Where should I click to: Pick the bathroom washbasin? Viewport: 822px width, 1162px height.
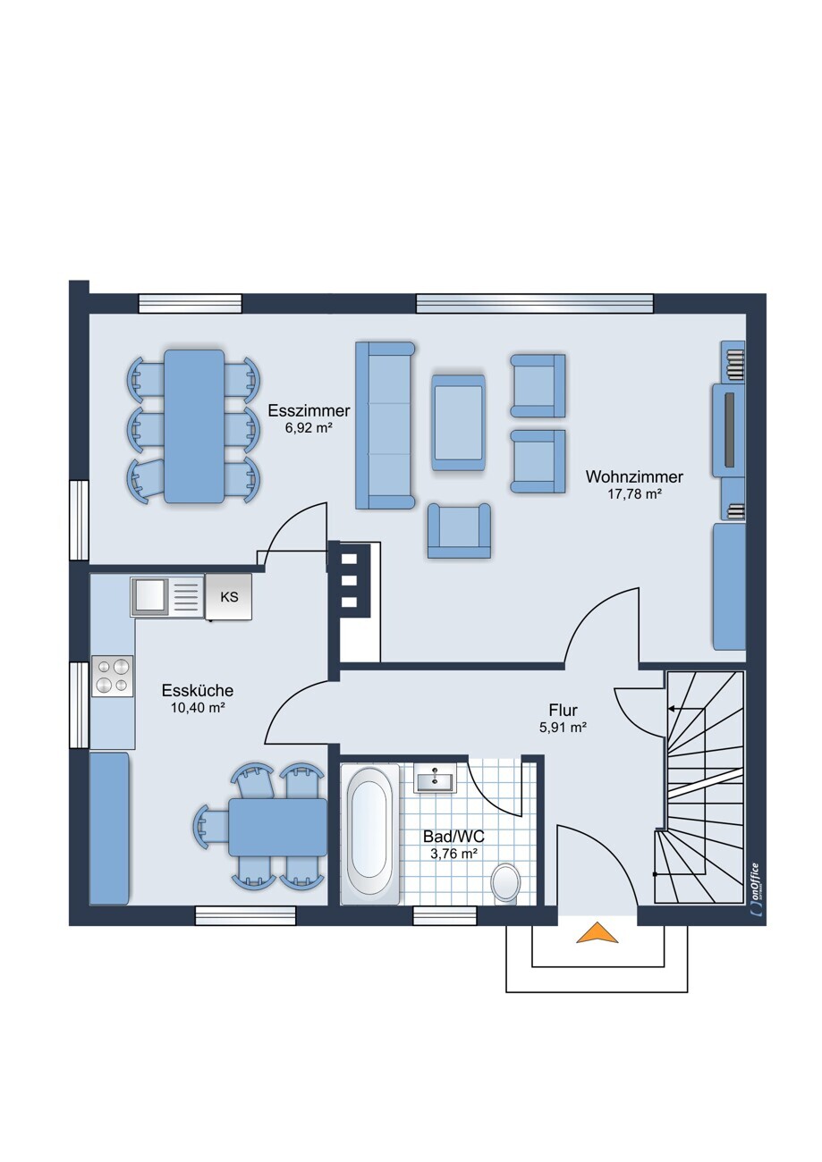[434, 779]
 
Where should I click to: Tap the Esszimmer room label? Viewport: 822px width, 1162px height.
[309, 411]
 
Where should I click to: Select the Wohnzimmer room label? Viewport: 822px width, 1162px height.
[634, 476]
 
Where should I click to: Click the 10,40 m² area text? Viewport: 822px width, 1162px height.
[198, 707]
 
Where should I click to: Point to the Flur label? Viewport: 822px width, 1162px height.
[563, 710]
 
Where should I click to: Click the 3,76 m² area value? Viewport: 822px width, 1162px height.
[454, 854]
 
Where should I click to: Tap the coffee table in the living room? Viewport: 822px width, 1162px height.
[459, 422]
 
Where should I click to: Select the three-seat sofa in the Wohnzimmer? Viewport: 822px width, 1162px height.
[385, 425]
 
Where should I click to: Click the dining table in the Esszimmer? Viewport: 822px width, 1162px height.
[194, 426]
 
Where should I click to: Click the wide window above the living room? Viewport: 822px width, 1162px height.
[535, 304]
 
